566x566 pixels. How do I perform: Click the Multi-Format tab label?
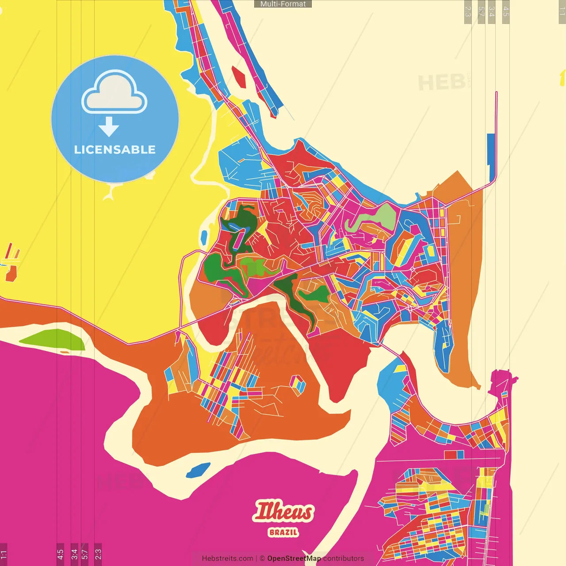click(283, 4)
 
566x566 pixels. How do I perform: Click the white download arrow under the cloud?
click(109, 127)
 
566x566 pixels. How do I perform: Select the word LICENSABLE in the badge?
click(115, 149)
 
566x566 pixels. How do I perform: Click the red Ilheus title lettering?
click(283, 512)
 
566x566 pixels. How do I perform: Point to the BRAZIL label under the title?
click(283, 532)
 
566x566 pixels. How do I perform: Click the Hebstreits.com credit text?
click(227, 558)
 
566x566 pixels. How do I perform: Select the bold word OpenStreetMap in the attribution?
click(294, 558)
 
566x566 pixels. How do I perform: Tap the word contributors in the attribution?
click(344, 558)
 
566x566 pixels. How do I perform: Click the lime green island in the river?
click(53, 339)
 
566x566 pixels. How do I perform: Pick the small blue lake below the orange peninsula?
click(198, 470)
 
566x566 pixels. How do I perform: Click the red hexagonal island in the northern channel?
click(238, 76)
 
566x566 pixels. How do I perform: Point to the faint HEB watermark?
click(441, 83)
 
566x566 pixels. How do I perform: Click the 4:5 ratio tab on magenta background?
click(60, 554)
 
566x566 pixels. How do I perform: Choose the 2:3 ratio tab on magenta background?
click(98, 554)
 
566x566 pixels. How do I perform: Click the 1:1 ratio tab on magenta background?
click(4, 554)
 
